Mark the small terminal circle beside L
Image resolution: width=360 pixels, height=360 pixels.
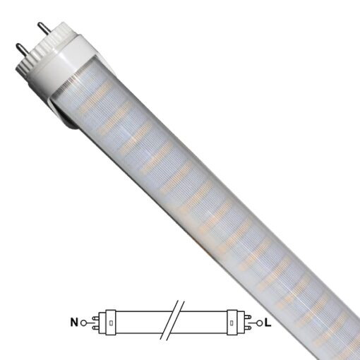(260, 323)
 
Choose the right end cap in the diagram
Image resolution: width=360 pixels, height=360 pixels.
(232, 323)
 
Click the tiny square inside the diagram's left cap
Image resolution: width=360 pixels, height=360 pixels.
(112, 323)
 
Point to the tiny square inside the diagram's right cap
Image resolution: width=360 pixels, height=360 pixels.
(232, 323)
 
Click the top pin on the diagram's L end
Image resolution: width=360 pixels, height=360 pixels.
(246, 317)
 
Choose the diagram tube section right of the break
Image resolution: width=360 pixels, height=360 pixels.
(205, 323)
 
